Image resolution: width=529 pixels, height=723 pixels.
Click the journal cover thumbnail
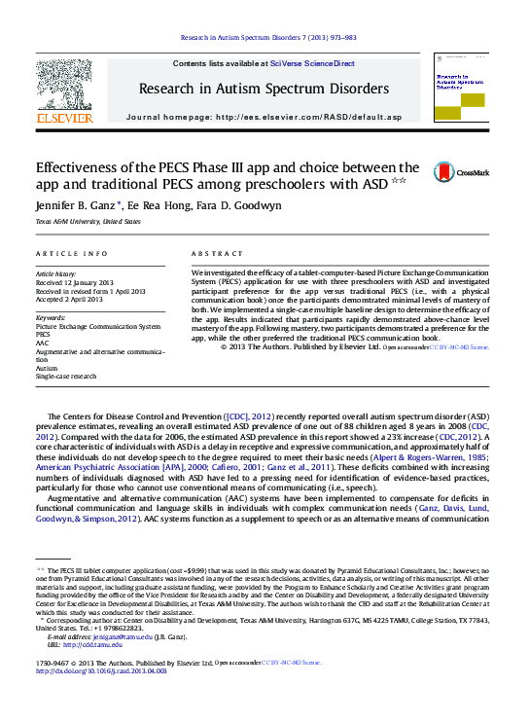coord(460,88)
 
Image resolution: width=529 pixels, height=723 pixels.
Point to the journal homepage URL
coord(309,117)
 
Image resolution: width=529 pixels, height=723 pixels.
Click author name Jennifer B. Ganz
coord(78,205)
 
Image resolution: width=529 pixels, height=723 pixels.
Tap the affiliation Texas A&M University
coord(75,222)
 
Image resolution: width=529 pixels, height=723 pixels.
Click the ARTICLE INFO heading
coord(71,253)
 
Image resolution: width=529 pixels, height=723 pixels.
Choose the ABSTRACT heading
coord(217,253)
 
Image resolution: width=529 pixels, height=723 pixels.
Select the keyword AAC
coord(43,343)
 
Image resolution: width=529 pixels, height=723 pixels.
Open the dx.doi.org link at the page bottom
coord(106,669)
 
